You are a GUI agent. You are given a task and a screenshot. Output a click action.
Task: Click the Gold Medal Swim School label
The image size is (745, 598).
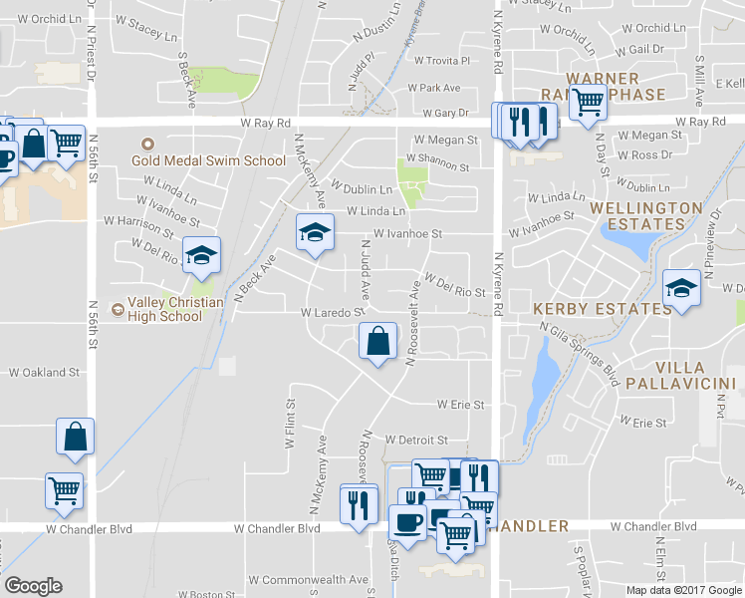click(x=217, y=159)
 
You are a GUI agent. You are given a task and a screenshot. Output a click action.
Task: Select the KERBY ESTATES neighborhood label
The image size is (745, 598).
click(x=602, y=309)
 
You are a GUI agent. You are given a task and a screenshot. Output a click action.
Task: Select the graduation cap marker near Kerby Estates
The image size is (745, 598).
click(x=681, y=289)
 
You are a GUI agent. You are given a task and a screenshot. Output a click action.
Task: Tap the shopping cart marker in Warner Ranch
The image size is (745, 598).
click(x=588, y=101)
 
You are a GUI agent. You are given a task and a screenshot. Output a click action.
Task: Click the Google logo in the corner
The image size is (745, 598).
click(x=33, y=586)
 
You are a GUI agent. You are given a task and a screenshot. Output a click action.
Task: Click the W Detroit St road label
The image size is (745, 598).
click(x=416, y=440)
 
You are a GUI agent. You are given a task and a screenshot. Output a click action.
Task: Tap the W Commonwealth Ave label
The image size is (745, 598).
click(x=309, y=579)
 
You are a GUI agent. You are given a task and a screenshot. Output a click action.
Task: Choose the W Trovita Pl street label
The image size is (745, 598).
click(x=441, y=61)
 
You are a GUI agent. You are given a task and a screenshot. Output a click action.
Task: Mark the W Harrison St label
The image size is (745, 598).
click(x=138, y=219)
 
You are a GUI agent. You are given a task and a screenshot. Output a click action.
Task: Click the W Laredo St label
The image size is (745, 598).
click(x=330, y=312)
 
